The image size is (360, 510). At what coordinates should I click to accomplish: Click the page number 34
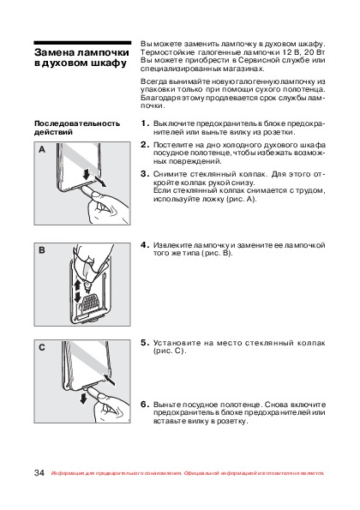pyautogui.click(x=39, y=472)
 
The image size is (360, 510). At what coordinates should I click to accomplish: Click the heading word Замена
pyautogui.click(x=55, y=52)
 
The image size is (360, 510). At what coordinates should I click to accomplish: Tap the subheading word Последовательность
pyautogui.click(x=77, y=123)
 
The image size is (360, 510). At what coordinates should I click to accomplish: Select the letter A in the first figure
pyautogui.click(x=42, y=149)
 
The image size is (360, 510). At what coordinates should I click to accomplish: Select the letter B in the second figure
pyautogui.click(x=42, y=250)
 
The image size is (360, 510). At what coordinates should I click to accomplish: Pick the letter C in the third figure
pyautogui.click(x=42, y=347)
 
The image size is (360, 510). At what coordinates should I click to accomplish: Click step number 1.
pyautogui.click(x=145, y=123)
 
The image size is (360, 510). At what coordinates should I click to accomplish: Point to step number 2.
pyautogui.click(x=145, y=145)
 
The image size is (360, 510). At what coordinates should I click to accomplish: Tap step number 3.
pyautogui.click(x=145, y=174)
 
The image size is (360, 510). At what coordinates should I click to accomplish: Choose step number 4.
pyautogui.click(x=145, y=245)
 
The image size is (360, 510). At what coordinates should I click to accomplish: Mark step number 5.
pyautogui.click(x=145, y=343)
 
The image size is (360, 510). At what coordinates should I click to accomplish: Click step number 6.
pyautogui.click(x=145, y=405)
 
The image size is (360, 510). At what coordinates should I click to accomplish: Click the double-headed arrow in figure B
pyautogui.click(x=77, y=291)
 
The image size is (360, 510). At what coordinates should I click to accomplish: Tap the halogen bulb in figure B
pyautogui.click(x=87, y=286)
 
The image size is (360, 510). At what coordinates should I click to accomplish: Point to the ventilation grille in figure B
pyautogui.click(x=90, y=301)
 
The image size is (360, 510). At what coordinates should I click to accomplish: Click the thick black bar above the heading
pyautogui.click(x=82, y=43)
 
